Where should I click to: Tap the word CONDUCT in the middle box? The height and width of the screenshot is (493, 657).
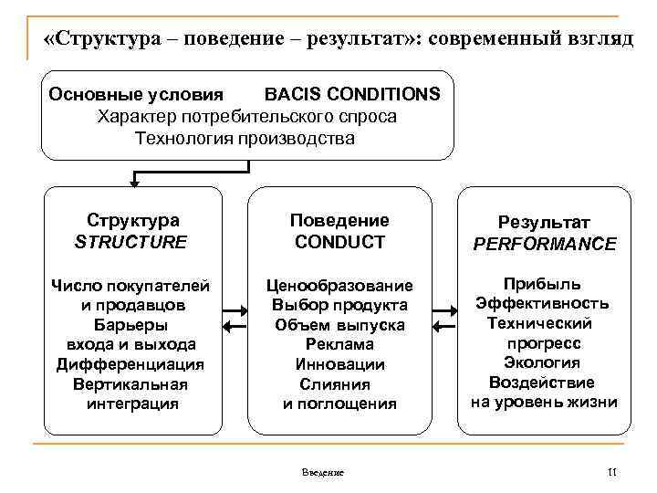(x=339, y=242)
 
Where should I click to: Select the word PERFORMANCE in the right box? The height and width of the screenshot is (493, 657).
(x=544, y=244)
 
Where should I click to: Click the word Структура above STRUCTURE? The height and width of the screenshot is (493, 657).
(x=133, y=220)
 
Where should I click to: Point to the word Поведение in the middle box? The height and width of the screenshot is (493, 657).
(x=339, y=220)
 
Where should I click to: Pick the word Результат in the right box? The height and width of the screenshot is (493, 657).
(x=544, y=222)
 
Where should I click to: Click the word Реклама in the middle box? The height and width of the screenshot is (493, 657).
(x=339, y=344)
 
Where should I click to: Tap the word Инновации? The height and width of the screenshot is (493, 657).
(x=339, y=364)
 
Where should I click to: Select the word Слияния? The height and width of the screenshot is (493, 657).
(x=339, y=384)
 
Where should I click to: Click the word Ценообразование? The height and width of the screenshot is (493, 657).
(x=339, y=286)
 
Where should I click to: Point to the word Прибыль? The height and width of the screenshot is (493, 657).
(x=544, y=284)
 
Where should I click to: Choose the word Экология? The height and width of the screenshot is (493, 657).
(x=544, y=362)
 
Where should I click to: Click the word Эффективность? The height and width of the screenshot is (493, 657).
(x=544, y=304)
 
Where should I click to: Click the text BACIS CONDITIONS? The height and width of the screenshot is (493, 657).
(x=351, y=94)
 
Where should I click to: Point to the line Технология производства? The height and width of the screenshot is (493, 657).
(x=245, y=138)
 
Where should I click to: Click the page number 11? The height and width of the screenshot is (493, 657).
(x=611, y=470)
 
